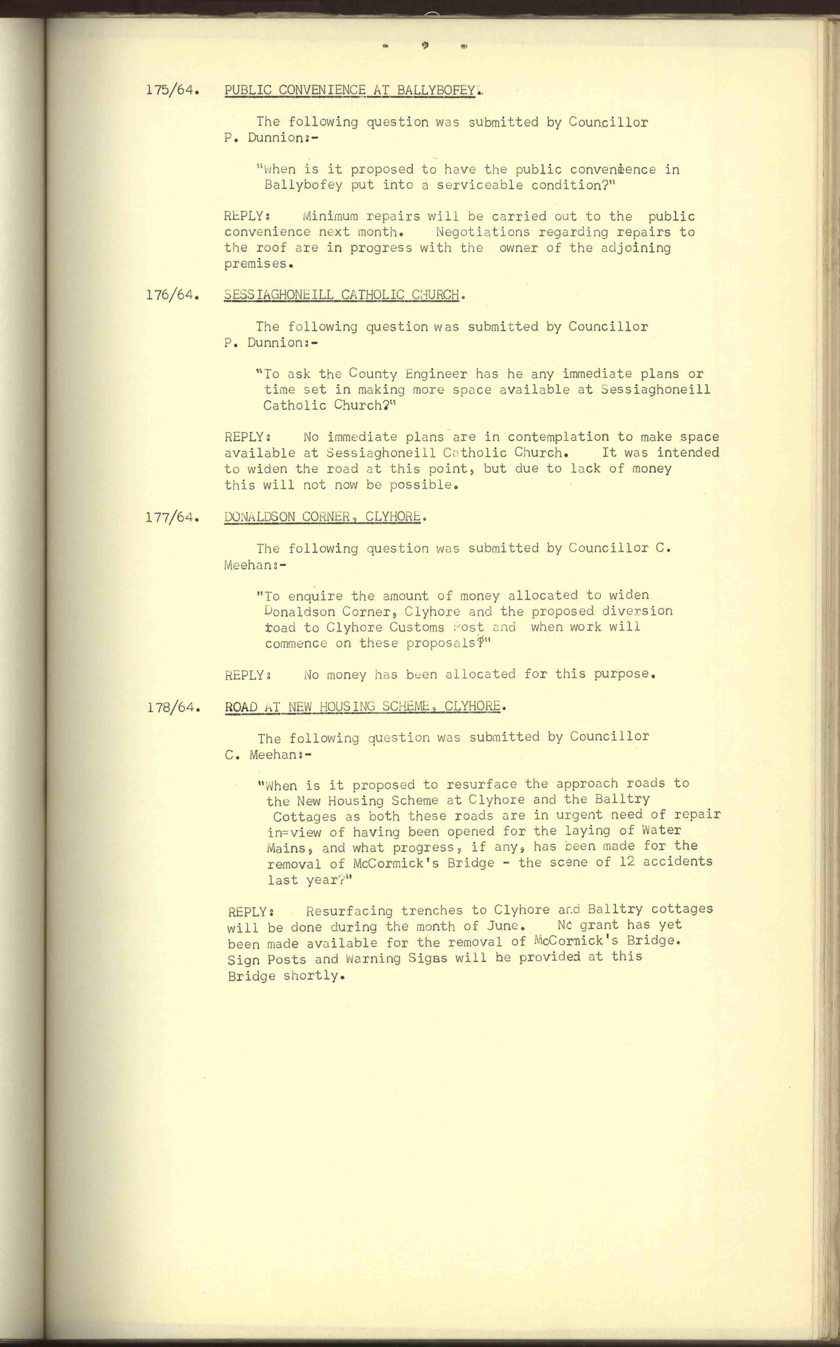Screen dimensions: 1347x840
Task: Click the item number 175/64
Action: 173,90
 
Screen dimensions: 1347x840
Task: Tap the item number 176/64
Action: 173,295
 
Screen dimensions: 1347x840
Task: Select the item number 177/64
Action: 172,518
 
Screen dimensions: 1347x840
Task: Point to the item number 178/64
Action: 173,708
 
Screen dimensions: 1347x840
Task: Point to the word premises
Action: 251,264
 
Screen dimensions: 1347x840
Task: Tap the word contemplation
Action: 558,437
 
